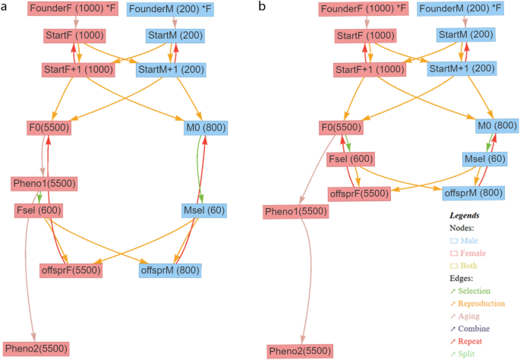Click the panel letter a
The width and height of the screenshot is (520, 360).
click(5, 6)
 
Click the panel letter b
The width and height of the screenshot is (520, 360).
click(262, 6)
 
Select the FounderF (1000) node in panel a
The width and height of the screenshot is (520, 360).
click(74, 10)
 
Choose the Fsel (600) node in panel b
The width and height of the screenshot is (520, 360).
click(350, 159)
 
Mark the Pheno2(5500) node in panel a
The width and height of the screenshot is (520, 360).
click(36, 349)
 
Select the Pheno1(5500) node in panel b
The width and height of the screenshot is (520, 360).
click(295, 212)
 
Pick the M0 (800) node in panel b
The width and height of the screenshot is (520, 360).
click(497, 125)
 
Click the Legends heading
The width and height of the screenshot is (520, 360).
click(464, 216)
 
